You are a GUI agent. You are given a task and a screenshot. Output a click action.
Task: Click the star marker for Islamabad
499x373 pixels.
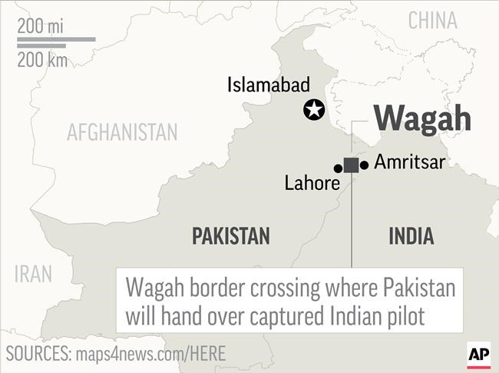pos(313,110)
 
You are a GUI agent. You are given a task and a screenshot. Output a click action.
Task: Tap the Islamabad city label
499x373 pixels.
pos(268,85)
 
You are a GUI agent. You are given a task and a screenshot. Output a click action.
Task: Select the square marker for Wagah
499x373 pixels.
pos(351,165)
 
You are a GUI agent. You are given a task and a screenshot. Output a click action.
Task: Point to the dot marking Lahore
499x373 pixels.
pos(338,168)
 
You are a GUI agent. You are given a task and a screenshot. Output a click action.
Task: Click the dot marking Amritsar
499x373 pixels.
pos(364,165)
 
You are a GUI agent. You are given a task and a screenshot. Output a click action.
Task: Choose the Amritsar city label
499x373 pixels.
pos(409,163)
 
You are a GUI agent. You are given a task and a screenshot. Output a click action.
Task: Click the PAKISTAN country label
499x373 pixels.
pos(230,236)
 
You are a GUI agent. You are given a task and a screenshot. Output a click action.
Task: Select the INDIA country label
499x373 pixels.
pos(411,236)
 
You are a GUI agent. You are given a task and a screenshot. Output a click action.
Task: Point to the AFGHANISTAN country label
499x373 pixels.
pos(122,132)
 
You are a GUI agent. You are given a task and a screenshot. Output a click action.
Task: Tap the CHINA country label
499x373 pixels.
pos(432,21)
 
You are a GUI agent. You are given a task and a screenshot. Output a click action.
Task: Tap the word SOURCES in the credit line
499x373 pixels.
pos(36,354)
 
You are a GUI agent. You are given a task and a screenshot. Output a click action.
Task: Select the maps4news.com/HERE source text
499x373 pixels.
pos(150,354)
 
